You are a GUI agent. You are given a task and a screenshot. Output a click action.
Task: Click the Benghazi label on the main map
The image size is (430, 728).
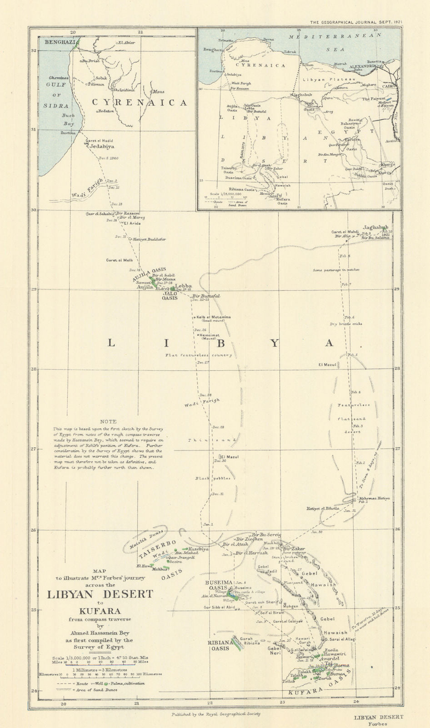pyautogui.click(x=59, y=42)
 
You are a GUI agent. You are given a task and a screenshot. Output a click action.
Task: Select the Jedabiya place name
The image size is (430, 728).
pyautogui.click(x=102, y=147)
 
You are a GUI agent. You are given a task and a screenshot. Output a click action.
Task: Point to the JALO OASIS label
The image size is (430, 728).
pyautogui.click(x=170, y=296)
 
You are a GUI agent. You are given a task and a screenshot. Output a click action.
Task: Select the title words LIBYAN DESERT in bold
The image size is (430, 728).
pyautogui.click(x=100, y=594)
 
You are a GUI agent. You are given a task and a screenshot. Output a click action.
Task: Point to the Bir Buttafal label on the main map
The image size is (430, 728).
pyautogui.click(x=206, y=296)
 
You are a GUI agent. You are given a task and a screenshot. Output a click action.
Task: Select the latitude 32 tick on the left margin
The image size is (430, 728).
pyautogui.click(x=33, y=51)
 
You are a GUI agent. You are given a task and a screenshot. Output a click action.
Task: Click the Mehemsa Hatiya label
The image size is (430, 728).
pyautogui.click(x=374, y=498)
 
